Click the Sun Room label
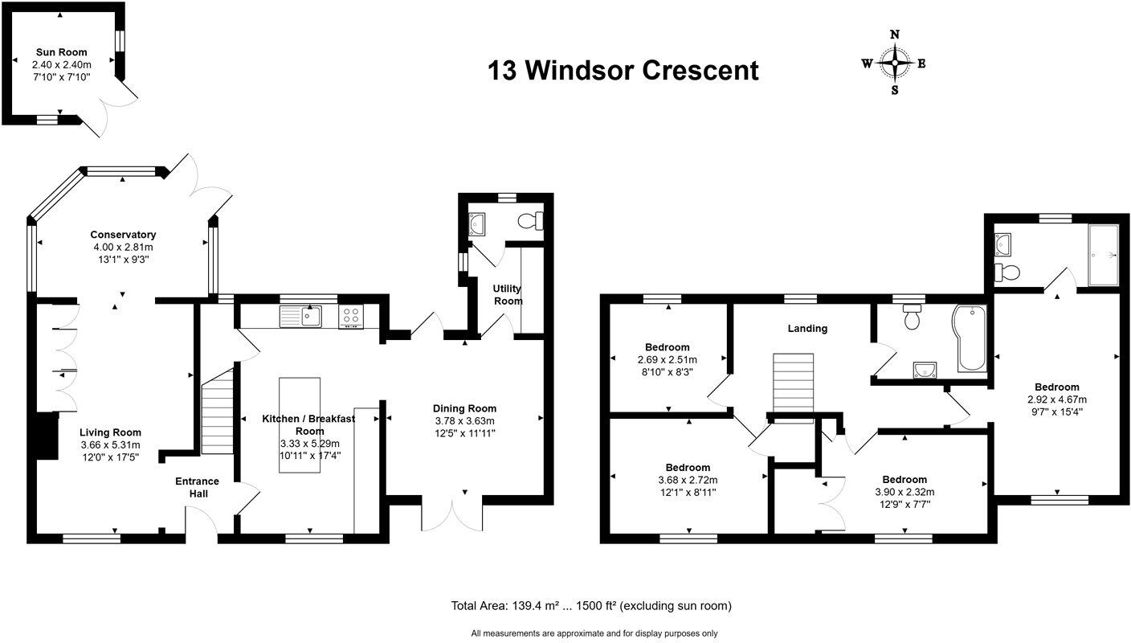60,52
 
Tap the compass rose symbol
894,62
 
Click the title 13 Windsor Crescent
623,71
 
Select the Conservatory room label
123,235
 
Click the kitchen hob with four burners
352,317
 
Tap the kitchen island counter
299,424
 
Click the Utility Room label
508,294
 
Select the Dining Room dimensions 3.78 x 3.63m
464,421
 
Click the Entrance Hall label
198,487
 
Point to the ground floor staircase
216,418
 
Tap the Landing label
807,328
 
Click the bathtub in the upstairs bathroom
973,338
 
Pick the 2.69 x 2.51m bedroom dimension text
667,360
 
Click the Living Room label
110,432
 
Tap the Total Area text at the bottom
590,605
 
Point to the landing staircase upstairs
794,384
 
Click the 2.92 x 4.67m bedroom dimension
1056,399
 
